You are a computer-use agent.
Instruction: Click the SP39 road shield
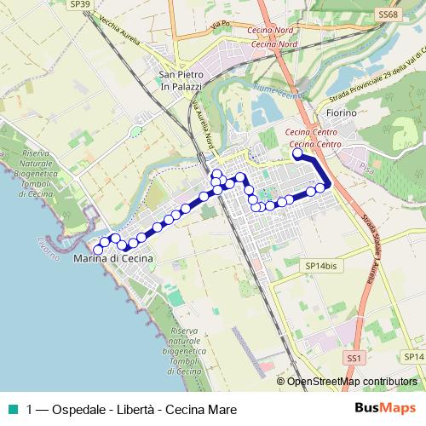click(79, 4)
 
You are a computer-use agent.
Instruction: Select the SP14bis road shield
click(321, 266)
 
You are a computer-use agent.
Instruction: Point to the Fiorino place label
click(341, 112)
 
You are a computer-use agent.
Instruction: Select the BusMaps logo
click(385, 408)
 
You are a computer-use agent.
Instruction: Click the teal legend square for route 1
click(12, 408)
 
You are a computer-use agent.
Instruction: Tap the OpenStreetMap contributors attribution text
click(352, 382)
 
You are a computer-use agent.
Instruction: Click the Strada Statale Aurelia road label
click(371, 246)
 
